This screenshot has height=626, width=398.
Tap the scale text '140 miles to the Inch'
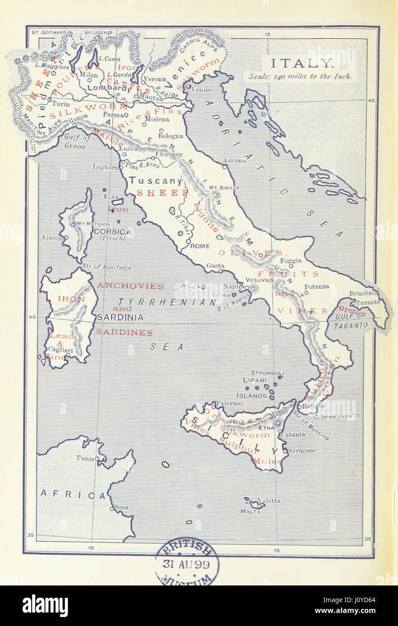coord(301,76)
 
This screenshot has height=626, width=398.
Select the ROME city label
coord(200,246)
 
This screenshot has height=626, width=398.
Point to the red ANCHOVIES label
coord(130,286)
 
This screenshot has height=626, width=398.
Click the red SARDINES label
coord(124,333)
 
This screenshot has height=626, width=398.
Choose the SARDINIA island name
coord(120,318)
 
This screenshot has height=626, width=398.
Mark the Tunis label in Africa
coord(85,458)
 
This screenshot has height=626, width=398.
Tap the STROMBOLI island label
coord(267,373)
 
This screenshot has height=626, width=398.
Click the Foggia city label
coord(291,261)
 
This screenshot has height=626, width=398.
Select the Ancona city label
coord(234,161)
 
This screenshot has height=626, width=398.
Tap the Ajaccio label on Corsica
coord(50,237)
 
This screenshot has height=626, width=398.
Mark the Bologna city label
coord(170,136)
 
